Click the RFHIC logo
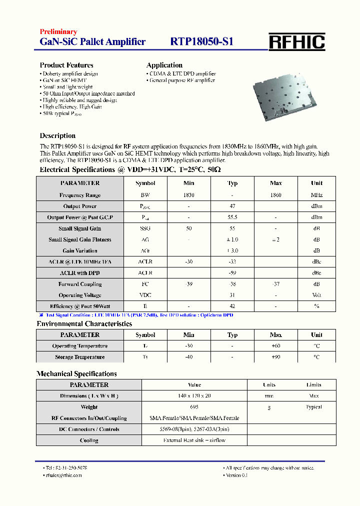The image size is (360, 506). point(297,42)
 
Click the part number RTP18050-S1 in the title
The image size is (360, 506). point(201,42)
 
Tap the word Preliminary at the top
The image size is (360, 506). point(58,32)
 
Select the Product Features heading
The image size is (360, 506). point(66,65)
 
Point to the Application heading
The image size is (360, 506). point(164,65)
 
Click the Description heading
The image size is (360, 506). point(57,135)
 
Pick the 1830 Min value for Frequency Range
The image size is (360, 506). point(188,195)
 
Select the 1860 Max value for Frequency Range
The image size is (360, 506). point(275,195)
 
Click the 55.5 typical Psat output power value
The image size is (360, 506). point(232,217)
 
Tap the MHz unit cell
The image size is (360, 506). point(316,195)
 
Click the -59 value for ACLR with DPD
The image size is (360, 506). point(232,273)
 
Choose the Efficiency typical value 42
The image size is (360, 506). point(232,306)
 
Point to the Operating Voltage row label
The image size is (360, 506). point(80,295)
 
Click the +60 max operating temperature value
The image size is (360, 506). point(275,346)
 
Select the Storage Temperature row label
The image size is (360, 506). point(80,357)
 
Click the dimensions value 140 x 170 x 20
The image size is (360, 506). point(194,396)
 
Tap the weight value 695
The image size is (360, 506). point(194,407)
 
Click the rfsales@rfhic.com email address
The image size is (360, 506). point(63,475)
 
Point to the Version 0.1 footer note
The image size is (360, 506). point(236,475)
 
